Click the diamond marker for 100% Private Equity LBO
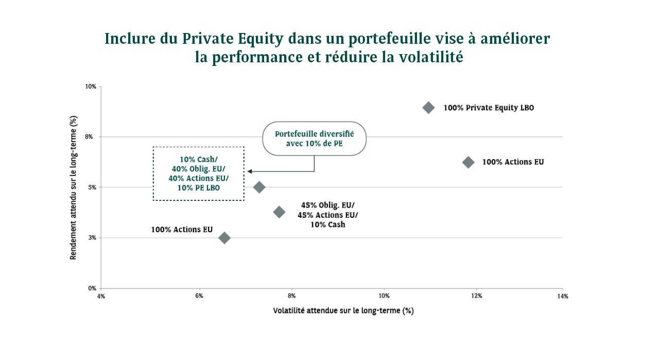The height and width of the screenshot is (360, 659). point(428,108)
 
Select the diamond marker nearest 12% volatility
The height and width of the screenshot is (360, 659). point(468,162)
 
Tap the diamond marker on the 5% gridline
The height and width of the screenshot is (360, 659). point(259,187)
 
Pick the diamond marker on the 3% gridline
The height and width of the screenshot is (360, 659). point(224,237)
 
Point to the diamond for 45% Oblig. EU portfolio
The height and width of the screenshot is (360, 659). point(279,212)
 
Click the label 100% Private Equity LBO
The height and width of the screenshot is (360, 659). point(489,108)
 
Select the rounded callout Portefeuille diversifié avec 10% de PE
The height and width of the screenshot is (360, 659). point(314,139)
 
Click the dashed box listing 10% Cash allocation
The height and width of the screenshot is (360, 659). point(199,174)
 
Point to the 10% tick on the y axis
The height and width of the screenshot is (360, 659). point(91,87)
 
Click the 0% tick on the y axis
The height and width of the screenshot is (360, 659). point(92,288)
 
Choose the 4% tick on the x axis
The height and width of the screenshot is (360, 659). point(101,296)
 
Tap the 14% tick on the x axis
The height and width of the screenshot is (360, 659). point(562,296)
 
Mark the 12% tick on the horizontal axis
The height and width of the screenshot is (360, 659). point(476,296)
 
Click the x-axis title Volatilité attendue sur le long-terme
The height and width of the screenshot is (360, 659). point(343,311)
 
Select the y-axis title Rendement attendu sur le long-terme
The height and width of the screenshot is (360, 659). point(74,187)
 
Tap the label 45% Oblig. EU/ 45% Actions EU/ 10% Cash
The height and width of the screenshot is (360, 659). point(327,215)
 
